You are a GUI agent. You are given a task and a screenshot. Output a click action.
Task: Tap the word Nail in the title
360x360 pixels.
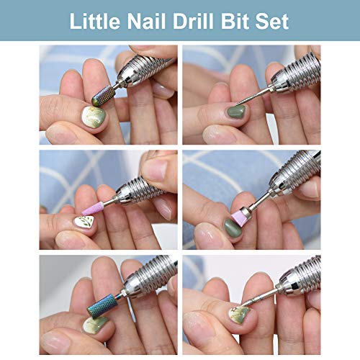pyautogui.click(x=148, y=21)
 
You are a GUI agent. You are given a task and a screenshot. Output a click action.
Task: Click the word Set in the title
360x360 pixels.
pyautogui.click(x=273, y=21)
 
